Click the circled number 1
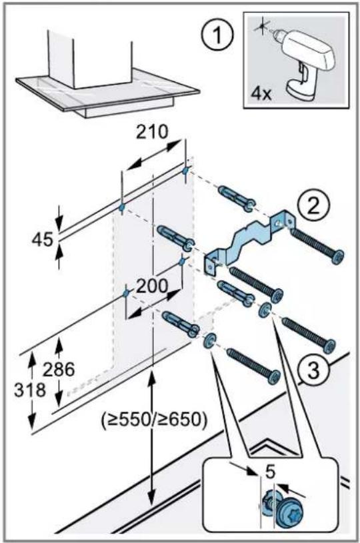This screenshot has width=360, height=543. [217, 35]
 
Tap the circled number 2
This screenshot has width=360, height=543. [314, 207]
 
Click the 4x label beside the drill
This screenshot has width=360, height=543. [261, 93]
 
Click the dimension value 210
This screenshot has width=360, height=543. [153, 132]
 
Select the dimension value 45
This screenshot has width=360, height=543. [43, 240]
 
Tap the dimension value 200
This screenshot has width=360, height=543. [152, 286]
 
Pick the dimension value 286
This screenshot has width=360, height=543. [59, 369]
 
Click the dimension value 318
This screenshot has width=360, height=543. [30, 390]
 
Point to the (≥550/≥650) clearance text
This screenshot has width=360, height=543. [154, 420]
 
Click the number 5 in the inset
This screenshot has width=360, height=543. [270, 472]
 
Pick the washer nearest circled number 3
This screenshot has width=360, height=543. [265, 309]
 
